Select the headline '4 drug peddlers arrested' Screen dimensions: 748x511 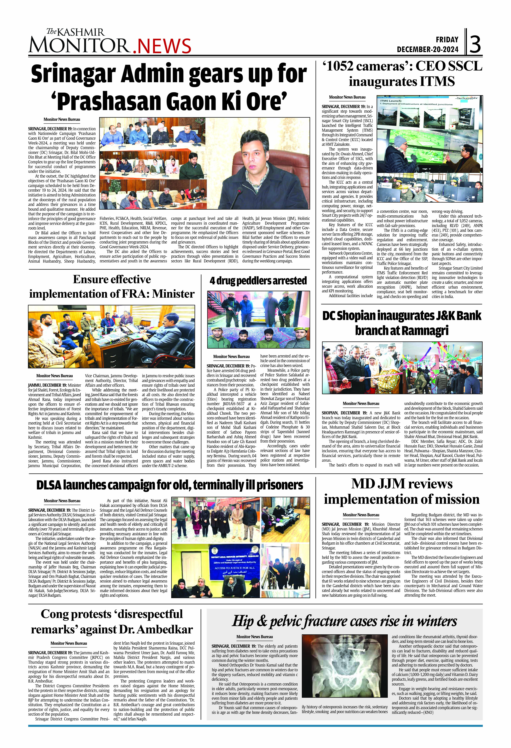pos(258,281)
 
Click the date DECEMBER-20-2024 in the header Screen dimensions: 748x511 pos(427,50)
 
